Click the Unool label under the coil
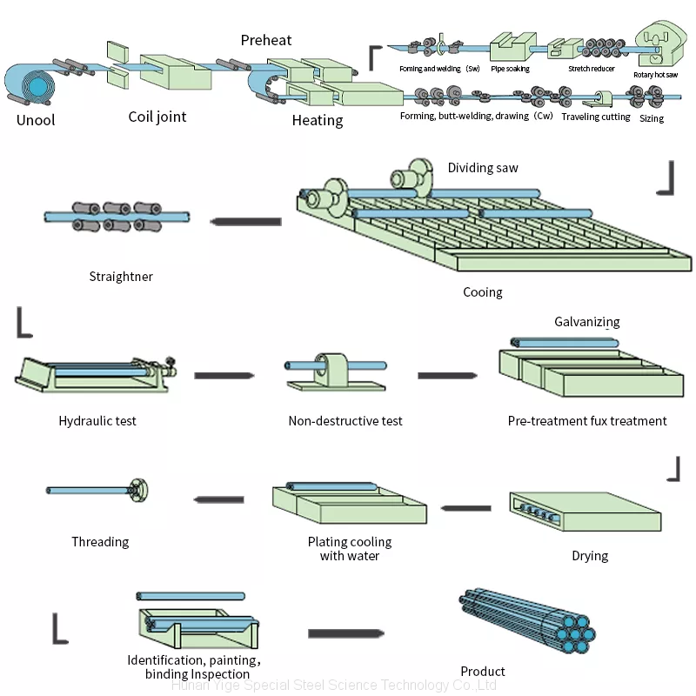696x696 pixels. click(36, 119)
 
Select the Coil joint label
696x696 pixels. click(157, 117)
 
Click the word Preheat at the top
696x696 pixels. click(266, 40)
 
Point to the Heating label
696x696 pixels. click(318, 120)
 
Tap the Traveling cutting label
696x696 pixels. click(596, 117)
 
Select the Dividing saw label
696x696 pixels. click(483, 167)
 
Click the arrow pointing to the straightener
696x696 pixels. click(246, 222)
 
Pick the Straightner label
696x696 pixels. click(121, 277)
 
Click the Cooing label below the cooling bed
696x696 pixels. click(483, 292)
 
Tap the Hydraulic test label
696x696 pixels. click(97, 421)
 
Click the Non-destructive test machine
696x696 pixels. click(333, 371)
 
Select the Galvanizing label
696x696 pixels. click(587, 322)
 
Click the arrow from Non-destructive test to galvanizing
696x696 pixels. click(447, 375)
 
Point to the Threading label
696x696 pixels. click(100, 542)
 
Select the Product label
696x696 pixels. click(483, 672)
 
